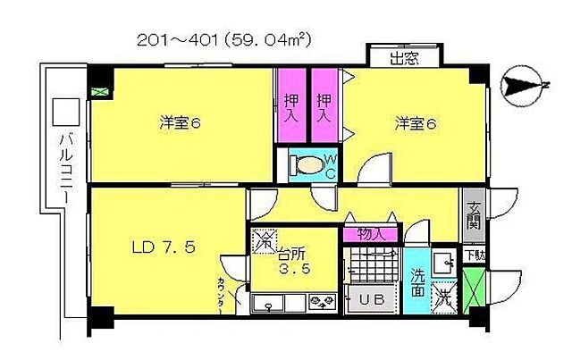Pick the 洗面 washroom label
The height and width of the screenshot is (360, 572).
[417, 276]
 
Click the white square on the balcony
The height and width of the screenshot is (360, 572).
[66, 112]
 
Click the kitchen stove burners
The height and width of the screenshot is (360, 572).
[321, 302]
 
